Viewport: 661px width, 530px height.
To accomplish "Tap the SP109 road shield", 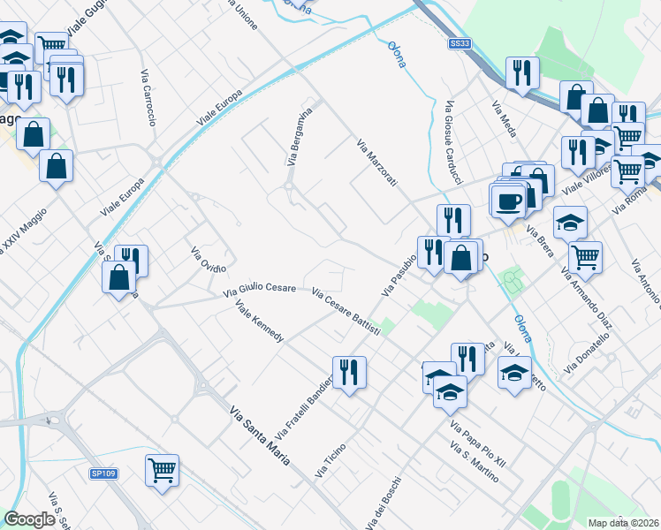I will (103, 474).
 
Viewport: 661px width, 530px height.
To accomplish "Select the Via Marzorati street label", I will (377, 163).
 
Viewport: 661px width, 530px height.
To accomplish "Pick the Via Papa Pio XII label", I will (478, 444).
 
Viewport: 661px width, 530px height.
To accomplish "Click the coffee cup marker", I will (509, 201).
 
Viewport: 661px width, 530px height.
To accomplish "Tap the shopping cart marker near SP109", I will (163, 469).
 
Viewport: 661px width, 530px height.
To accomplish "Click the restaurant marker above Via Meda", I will (521, 72).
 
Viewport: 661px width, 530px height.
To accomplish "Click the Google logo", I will (29, 519).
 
